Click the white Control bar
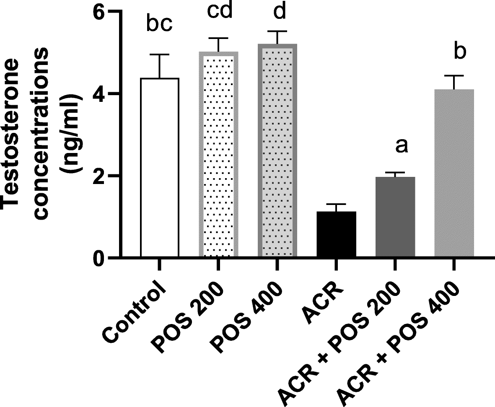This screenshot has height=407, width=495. coord(160,168)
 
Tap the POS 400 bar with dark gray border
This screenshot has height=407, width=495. coord(277,151)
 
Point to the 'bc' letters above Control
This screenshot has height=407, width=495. coord(160,25)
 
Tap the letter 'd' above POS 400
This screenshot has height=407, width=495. coord(279,12)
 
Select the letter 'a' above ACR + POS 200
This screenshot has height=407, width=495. coord(402,147)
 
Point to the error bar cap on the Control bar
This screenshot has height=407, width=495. coord(160,54)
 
